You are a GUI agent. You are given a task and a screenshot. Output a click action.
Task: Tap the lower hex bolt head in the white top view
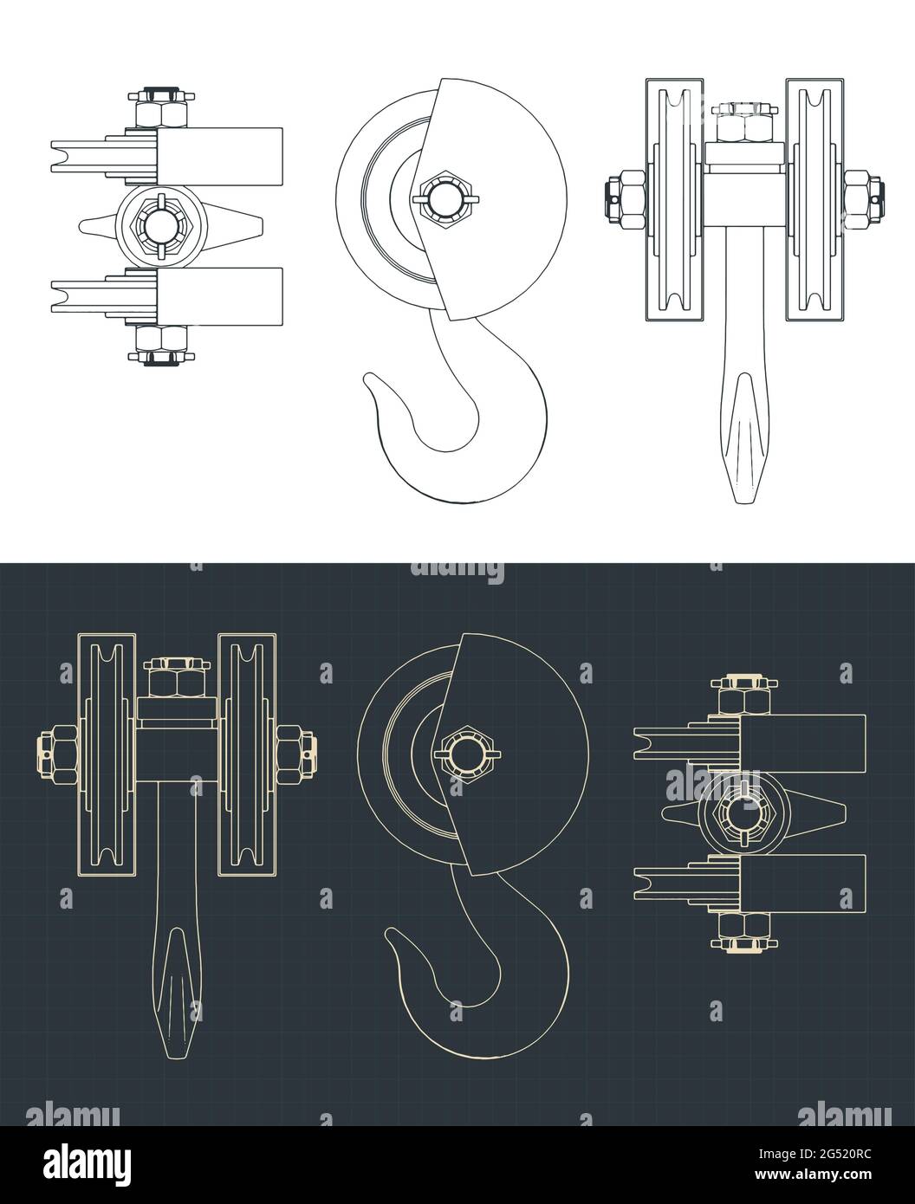click(163, 340)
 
